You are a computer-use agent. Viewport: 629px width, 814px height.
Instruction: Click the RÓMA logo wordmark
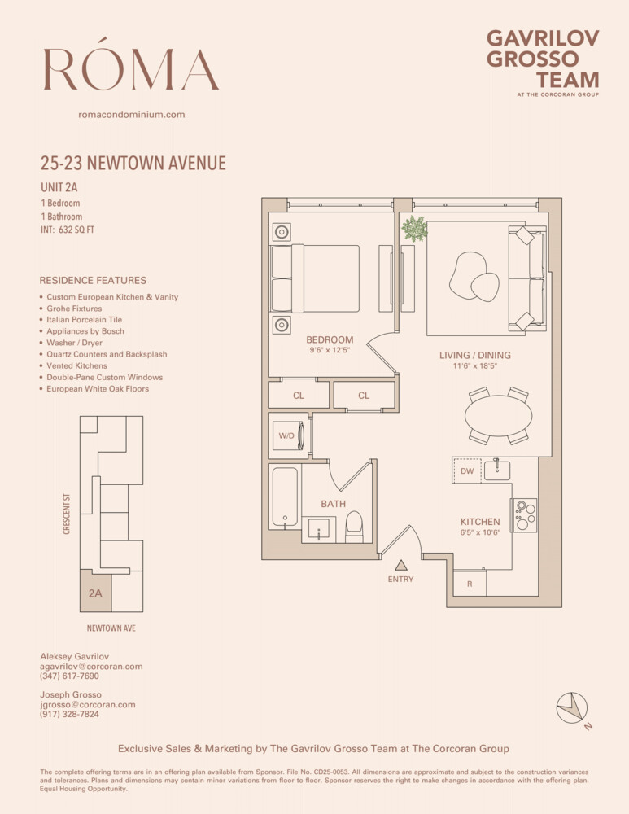tap(130, 69)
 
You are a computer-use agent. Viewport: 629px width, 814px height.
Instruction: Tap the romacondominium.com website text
tap(131, 115)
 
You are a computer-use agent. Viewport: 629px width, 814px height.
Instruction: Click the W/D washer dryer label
tap(286, 436)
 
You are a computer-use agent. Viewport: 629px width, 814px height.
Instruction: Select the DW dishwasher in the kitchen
tap(467, 470)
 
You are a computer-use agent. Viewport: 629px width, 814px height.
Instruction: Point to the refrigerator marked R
tap(470, 584)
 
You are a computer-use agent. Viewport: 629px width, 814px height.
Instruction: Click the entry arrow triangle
tap(400, 564)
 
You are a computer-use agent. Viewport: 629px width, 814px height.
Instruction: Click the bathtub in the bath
tap(285, 497)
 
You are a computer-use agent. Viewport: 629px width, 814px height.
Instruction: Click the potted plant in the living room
tap(415, 229)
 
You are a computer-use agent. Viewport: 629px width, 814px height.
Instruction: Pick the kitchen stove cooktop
tap(525, 515)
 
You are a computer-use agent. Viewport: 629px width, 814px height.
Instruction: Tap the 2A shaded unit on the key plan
tap(95, 593)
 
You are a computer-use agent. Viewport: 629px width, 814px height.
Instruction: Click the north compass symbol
tap(572, 707)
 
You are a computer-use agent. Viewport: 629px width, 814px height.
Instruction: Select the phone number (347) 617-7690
tap(69, 676)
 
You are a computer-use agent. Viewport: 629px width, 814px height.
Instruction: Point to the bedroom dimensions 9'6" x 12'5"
tap(330, 351)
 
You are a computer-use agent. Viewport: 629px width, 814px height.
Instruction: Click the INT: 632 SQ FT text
tap(73, 230)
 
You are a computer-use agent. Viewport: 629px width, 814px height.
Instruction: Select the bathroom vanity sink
tap(322, 527)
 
